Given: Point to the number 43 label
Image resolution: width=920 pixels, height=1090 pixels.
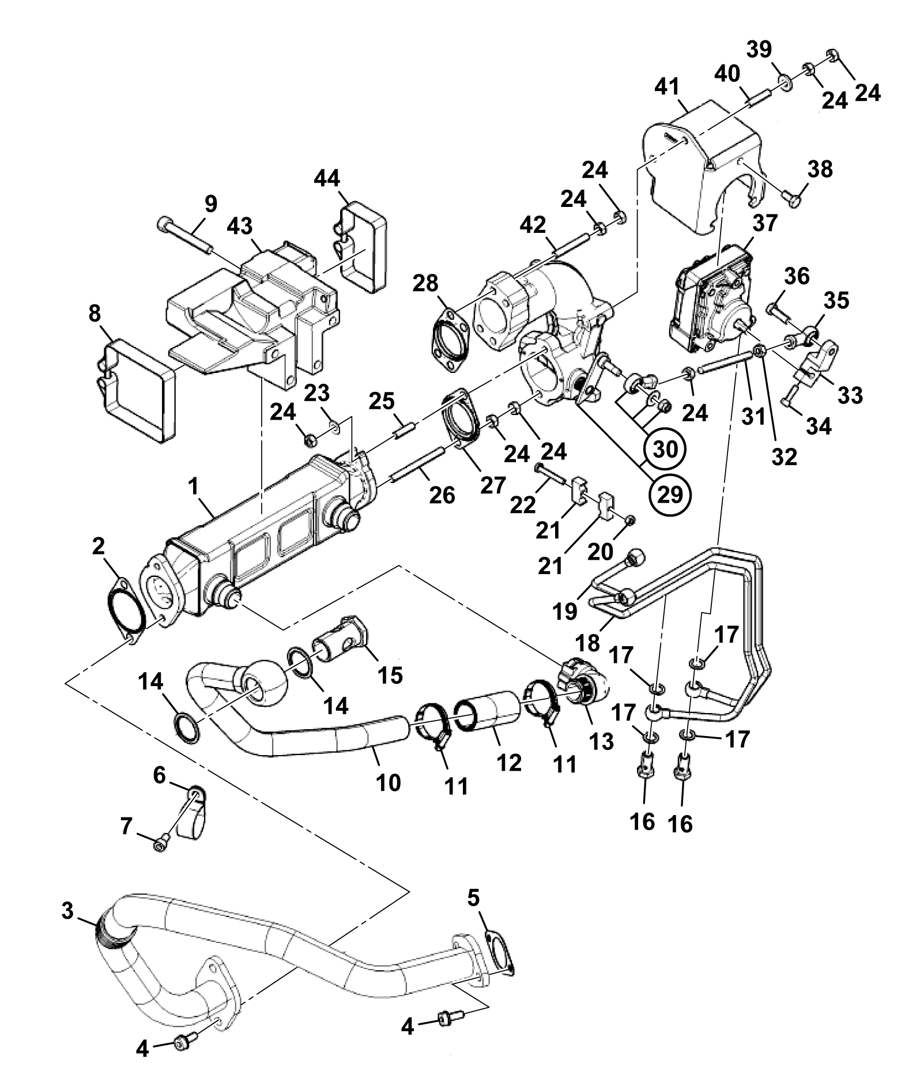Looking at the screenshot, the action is pos(239,227).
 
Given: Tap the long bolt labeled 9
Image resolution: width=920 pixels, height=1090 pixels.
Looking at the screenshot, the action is pos(186,235).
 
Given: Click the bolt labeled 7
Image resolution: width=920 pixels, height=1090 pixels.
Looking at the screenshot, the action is pos(161,845).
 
